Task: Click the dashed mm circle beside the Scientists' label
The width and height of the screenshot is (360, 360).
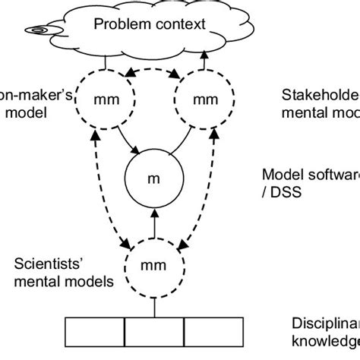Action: tap(153, 267)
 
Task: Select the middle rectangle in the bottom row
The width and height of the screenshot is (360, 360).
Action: tap(153, 333)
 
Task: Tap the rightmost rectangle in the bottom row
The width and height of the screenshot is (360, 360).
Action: tap(213, 333)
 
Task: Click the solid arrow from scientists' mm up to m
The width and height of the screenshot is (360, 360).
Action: tap(153, 225)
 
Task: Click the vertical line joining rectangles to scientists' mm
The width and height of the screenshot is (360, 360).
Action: tap(153, 305)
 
